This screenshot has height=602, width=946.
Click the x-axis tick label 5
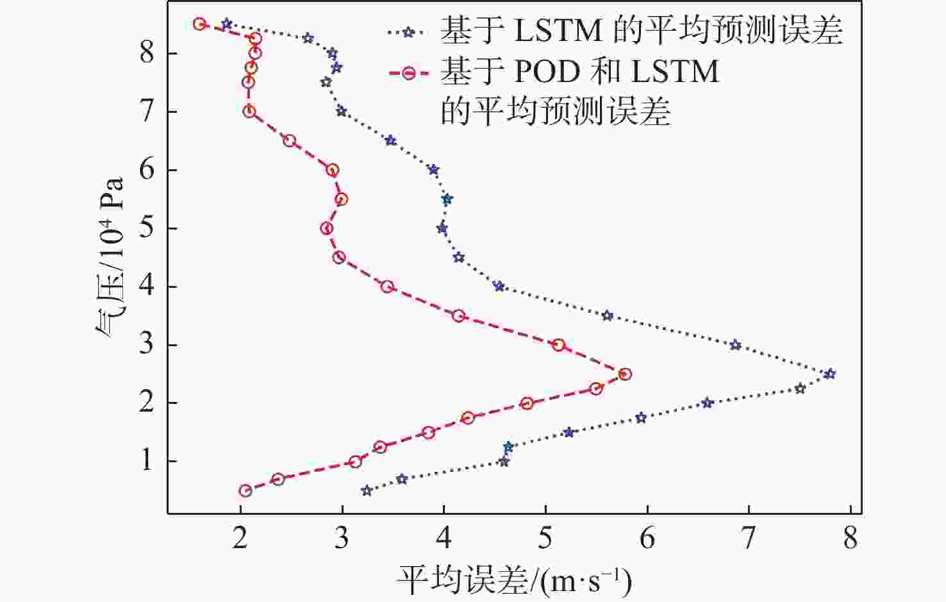point(545,539)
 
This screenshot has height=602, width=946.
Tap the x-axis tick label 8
point(850,539)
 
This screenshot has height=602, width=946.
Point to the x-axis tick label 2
point(240,539)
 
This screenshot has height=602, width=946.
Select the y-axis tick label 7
point(147,112)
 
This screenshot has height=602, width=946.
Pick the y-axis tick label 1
point(147,461)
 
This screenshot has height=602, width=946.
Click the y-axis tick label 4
point(147,287)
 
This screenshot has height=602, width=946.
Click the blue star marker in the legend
point(408,32)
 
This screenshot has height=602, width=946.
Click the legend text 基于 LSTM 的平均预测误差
point(641,31)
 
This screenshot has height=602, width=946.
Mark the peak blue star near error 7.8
point(830,374)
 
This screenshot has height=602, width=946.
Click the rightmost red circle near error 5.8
point(625,374)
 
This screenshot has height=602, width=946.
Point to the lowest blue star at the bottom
point(367,490)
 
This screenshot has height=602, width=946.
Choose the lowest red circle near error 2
point(245,490)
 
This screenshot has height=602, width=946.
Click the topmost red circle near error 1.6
point(199,24)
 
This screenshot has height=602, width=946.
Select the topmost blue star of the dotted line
point(226,24)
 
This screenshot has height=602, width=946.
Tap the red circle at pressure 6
point(332,170)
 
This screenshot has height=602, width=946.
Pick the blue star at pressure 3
point(735,345)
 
